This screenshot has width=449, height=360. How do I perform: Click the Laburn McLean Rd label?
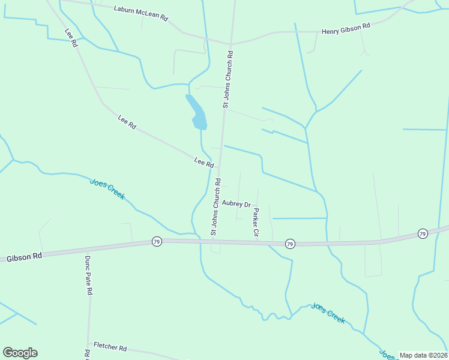[141, 13]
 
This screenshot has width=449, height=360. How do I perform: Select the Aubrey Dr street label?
[236, 203]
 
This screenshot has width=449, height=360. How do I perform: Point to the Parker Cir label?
[256, 222]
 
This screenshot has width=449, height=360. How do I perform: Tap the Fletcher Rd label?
[110, 347]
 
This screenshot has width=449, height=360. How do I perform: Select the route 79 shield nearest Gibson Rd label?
[157, 241]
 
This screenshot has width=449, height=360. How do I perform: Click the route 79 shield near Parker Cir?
[290, 243]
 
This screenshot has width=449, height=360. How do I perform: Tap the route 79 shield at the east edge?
[423, 233]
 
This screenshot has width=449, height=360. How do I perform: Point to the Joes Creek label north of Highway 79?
[107, 189]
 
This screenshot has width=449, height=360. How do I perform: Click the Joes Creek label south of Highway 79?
[328, 313]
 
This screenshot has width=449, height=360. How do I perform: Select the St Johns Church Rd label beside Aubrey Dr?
[215, 206]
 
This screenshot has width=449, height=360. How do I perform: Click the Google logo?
[20, 353]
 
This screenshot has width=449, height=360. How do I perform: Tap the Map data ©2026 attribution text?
[423, 355]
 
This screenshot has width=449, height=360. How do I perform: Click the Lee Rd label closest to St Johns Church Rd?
[204, 162]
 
